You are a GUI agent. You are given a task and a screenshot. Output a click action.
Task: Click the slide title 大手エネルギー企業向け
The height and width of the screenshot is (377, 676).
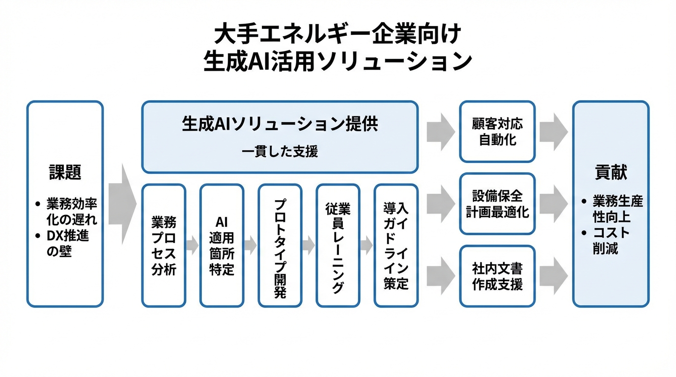(338, 35)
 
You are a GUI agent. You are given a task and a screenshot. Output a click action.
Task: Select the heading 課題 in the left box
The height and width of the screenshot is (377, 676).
(65, 172)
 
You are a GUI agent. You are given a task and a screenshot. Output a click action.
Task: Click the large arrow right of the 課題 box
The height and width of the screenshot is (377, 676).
(122, 204)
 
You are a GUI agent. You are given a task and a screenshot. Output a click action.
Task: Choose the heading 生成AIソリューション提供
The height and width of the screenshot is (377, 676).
(280, 124)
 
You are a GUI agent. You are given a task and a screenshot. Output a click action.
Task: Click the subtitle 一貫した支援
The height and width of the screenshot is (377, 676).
(280, 151)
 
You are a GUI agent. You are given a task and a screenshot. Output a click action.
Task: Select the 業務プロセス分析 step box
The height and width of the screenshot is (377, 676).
(164, 245)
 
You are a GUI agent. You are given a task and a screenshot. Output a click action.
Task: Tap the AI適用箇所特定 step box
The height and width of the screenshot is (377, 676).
(222, 245)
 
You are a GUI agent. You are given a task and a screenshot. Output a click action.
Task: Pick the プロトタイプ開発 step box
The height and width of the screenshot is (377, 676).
(280, 245)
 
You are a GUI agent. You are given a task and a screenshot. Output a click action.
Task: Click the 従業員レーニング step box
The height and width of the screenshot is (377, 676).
(338, 245)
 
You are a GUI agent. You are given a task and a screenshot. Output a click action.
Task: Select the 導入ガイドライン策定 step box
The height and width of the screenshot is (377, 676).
(395, 245)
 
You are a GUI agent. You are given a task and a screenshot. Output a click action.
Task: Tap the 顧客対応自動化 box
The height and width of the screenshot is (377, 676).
(497, 132)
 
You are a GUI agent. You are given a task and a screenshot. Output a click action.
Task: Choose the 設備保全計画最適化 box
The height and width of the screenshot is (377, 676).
(497, 204)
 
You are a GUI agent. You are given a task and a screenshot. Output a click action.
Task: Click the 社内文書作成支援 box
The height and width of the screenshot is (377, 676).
(497, 276)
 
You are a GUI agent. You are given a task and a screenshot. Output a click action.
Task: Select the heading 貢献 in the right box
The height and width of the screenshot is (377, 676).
(611, 172)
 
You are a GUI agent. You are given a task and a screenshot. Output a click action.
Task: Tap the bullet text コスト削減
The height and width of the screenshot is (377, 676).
(611, 241)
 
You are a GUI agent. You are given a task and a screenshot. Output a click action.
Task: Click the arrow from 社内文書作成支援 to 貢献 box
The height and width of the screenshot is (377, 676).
(554, 276)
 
